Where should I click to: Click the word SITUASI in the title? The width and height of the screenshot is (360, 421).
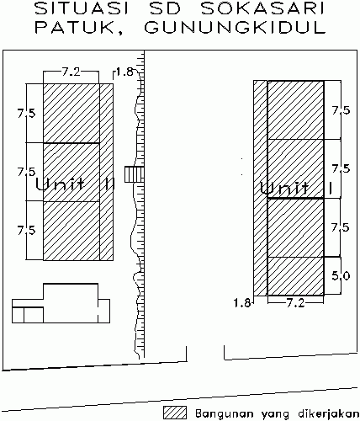(x=82, y=9)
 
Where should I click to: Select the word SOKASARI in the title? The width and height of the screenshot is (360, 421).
(x=262, y=9)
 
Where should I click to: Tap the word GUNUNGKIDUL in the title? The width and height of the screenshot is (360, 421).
(x=235, y=28)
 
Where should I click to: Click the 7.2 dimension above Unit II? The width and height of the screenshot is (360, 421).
(x=71, y=72)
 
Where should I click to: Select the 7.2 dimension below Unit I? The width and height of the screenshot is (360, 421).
(x=295, y=303)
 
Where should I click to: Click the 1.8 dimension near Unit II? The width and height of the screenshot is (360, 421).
(x=124, y=72)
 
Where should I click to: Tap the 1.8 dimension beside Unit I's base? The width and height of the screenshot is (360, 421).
(x=242, y=303)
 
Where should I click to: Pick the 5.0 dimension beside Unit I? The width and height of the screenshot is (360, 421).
(x=341, y=276)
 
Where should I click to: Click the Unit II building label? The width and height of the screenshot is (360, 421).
(x=75, y=184)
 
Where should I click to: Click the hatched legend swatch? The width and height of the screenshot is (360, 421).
(x=175, y=413)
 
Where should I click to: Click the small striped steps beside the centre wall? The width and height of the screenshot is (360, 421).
(x=135, y=174)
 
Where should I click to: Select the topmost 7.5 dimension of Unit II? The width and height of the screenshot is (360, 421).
(x=27, y=114)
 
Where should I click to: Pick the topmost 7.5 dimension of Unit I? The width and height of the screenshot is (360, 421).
(x=341, y=110)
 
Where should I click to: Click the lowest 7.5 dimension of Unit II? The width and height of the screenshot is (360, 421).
(x=27, y=230)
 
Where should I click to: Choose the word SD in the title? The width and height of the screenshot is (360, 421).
(x=165, y=9)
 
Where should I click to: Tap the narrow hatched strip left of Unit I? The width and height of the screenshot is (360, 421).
(x=261, y=188)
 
